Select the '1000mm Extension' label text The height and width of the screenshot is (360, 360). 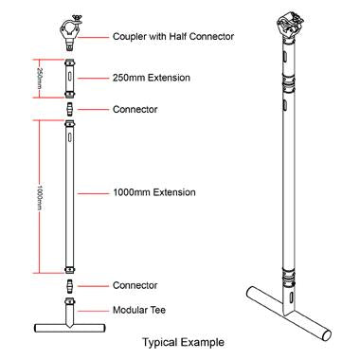tap(153, 192)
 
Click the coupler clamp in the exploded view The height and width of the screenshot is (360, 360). tap(70, 36)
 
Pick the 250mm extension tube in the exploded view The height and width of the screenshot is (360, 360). tap(70, 77)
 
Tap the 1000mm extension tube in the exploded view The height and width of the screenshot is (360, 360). tap(70, 194)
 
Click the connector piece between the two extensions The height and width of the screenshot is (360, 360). tap(70, 109)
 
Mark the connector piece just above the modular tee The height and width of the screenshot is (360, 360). tap(70, 285)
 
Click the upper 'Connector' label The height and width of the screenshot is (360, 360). tap(134, 109)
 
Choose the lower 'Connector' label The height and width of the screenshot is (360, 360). tap(134, 285)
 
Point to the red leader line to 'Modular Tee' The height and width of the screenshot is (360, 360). tap(93, 310)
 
